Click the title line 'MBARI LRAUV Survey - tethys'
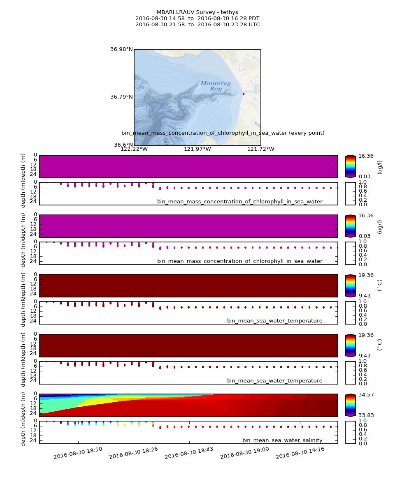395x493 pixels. click(x=197, y=12)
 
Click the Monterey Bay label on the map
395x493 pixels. click(x=216, y=86)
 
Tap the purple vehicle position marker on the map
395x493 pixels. click(x=244, y=94)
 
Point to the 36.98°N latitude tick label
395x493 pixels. click(x=121, y=49)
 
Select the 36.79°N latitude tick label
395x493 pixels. click(x=121, y=97)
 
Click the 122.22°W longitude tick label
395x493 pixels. click(x=134, y=149)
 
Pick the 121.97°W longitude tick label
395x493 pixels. click(x=197, y=149)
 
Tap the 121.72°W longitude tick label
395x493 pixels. click(x=261, y=149)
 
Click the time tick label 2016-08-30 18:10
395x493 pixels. click(x=78, y=453)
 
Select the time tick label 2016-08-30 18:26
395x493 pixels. click(x=134, y=453)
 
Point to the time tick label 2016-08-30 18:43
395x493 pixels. click(x=189, y=453)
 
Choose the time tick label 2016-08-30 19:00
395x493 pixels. click(x=245, y=453)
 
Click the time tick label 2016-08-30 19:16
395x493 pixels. click(x=300, y=453)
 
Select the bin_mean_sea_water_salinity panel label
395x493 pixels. click(x=282, y=440)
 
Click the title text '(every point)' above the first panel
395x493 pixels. click(x=307, y=133)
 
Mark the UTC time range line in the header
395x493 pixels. click(x=197, y=25)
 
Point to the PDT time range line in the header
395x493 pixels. click(x=197, y=18)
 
